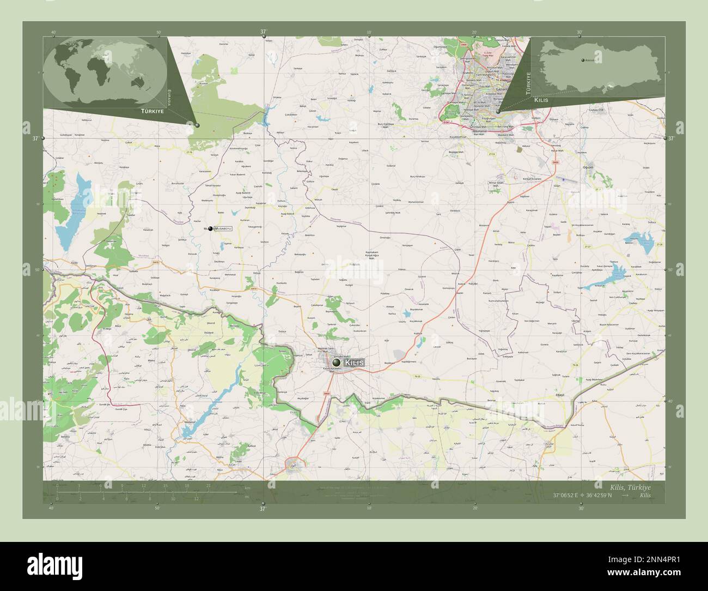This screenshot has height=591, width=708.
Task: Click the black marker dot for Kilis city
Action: (336, 362)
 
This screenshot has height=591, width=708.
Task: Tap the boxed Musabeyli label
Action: (223, 228)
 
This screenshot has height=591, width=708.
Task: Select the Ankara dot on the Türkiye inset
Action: (582, 60)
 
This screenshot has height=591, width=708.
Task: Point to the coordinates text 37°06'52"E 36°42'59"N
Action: (582, 496)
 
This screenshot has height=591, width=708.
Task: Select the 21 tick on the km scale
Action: (209, 485)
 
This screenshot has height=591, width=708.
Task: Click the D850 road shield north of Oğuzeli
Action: (556, 162)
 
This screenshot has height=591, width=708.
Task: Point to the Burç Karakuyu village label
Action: (417, 177)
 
